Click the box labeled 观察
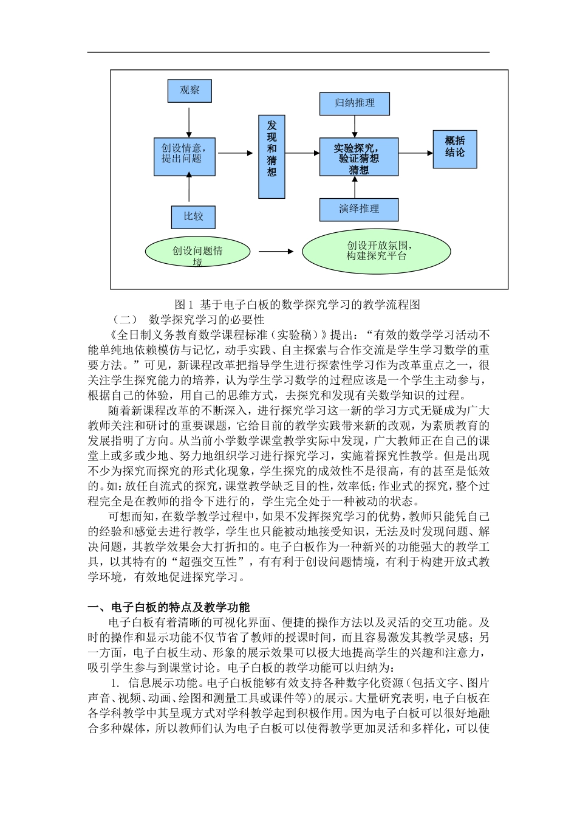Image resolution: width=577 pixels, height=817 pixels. coord(189,90)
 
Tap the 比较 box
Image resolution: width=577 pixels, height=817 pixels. coord(193,216)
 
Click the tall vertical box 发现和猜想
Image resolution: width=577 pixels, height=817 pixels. coord(271,157)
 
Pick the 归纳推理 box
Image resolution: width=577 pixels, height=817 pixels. coord(355,103)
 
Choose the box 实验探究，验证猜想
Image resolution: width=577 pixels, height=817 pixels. coord(359,157)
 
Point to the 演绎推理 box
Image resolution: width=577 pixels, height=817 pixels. coord(359,209)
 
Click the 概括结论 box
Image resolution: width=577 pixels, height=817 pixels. coord(455,149)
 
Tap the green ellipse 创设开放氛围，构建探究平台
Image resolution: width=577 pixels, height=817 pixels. coord(377,250)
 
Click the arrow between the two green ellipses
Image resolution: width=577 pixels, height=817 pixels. coord(276,251)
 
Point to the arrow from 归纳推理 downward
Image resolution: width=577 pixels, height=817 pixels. coord(355,126)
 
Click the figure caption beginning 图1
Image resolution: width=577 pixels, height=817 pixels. coord(298,305)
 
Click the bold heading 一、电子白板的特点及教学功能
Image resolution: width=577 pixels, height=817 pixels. coord(169,607)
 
